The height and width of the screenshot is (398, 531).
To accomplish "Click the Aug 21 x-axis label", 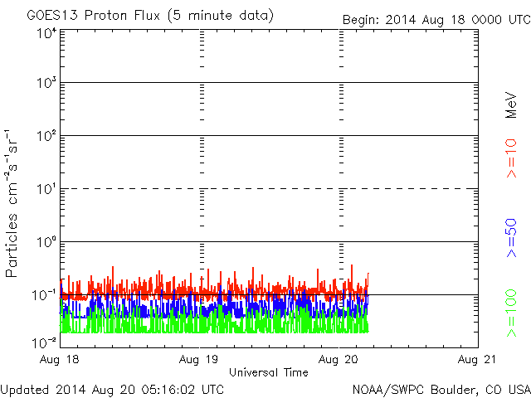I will [x=479, y=361].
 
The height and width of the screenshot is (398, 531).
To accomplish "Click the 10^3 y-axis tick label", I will [x=46, y=84].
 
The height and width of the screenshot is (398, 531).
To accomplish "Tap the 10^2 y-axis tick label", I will [x=46, y=136].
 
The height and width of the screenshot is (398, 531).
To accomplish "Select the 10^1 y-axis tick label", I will [x=46, y=189].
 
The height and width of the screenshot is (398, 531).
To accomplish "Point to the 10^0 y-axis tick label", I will [x=46, y=242].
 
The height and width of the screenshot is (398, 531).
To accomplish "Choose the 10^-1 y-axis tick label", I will [x=44, y=295].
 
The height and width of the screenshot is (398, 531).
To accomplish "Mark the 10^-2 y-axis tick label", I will [x=44, y=342].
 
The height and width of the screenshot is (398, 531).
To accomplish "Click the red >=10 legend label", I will [x=512, y=158].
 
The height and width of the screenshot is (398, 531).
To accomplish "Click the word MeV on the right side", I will [x=512, y=104].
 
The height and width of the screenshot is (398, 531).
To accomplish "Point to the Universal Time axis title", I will [x=269, y=373].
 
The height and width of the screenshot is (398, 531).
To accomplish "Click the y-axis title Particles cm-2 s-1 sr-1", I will [x=13, y=202].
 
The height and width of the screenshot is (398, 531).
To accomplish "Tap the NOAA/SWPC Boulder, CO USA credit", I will [x=441, y=389].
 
